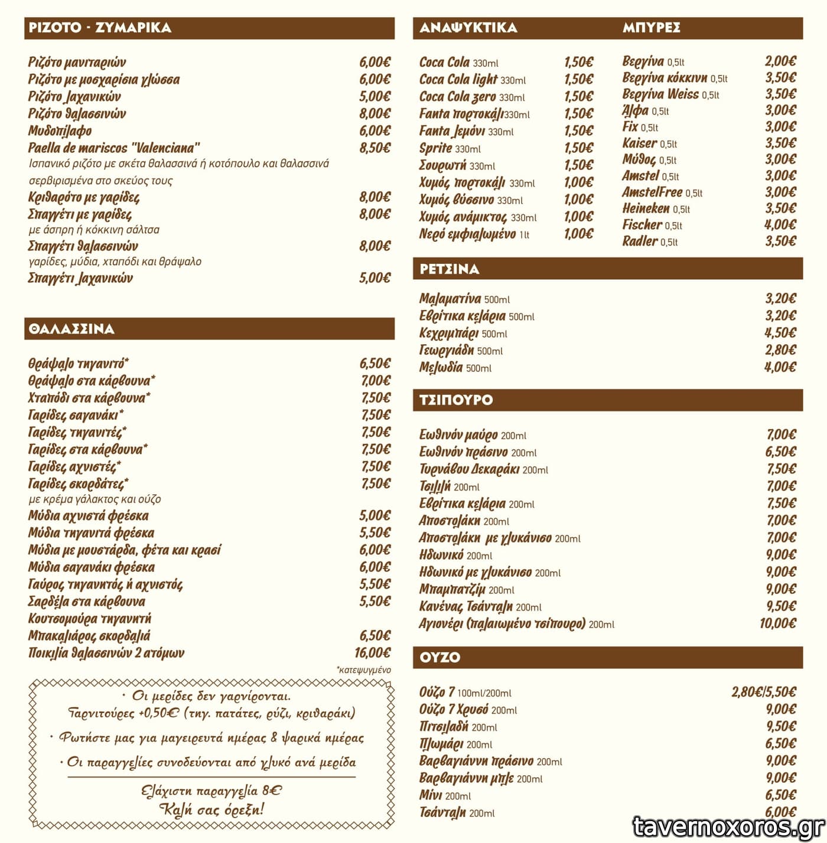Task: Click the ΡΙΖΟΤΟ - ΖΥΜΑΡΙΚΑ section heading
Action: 100,28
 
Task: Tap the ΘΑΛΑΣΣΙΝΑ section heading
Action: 71,329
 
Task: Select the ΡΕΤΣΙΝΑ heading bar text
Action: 449,269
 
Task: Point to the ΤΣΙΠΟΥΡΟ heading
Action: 455,400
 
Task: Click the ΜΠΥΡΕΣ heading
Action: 651,28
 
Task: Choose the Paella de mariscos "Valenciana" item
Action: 114,148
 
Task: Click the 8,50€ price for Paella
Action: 375,148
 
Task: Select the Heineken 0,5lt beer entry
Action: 656,208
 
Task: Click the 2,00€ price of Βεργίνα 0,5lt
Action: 780,61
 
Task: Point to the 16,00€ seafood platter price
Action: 372,652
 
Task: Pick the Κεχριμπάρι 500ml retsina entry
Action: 463,333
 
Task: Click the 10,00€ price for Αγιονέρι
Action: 777,623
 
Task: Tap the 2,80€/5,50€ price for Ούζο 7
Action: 763,692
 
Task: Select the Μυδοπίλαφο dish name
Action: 60,130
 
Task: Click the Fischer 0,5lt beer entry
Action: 652,225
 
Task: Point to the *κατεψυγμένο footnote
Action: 363,669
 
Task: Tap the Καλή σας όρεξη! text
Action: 211,809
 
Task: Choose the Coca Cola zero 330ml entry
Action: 471,97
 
